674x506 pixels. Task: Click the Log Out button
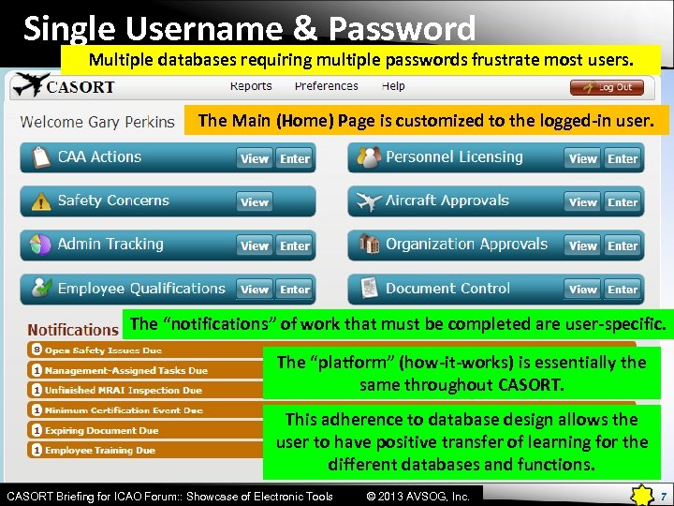pyautogui.click(x=607, y=87)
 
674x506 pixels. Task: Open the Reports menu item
pyautogui.click(x=251, y=86)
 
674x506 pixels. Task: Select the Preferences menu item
pyautogui.click(x=326, y=86)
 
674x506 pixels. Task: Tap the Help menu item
pyautogui.click(x=393, y=86)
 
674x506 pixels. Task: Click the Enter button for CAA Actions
pyautogui.click(x=295, y=158)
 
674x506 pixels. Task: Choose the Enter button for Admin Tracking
pyautogui.click(x=295, y=246)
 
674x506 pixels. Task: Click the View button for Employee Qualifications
pyautogui.click(x=255, y=290)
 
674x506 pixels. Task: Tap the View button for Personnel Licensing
pyautogui.click(x=583, y=158)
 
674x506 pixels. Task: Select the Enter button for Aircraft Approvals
pyautogui.click(x=623, y=201)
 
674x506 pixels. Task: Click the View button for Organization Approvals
pyautogui.click(x=583, y=246)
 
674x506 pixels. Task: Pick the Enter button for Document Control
pyautogui.click(x=623, y=290)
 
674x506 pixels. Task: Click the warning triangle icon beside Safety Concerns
pyautogui.click(x=41, y=201)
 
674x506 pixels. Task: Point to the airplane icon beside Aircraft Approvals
pyautogui.click(x=370, y=201)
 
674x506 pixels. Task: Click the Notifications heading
pyautogui.click(x=72, y=330)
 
